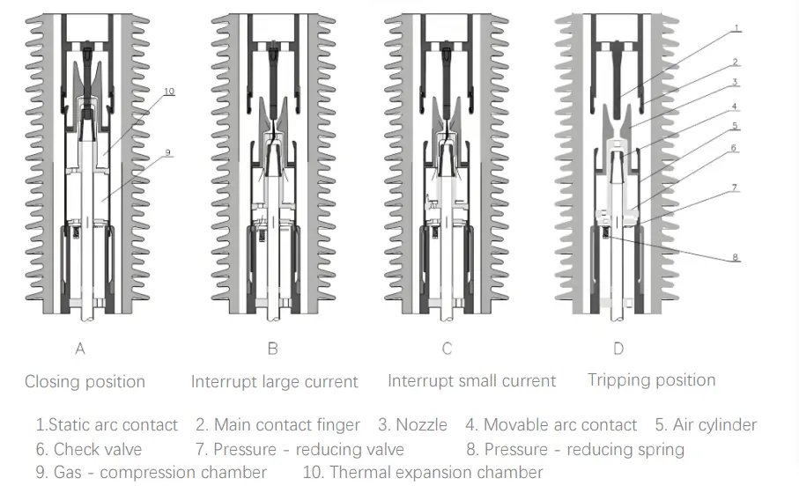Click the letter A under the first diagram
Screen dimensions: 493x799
tap(80, 349)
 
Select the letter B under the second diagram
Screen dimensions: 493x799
tap(272, 349)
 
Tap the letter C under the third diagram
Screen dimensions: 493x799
tap(447, 349)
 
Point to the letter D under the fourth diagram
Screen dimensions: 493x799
tap(618, 349)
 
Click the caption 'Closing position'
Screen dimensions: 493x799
tap(85, 381)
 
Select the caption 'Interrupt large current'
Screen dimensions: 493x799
tap(275, 381)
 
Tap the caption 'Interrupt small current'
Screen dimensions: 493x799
tap(471, 381)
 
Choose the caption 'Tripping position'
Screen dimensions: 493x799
tap(651, 379)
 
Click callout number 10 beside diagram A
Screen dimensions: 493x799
tap(168, 91)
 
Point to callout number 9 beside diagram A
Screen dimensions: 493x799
tap(166, 152)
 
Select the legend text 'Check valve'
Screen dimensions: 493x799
tap(98, 449)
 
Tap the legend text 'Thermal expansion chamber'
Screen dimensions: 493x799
tap(436, 473)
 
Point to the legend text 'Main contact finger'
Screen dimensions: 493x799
tap(287, 425)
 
